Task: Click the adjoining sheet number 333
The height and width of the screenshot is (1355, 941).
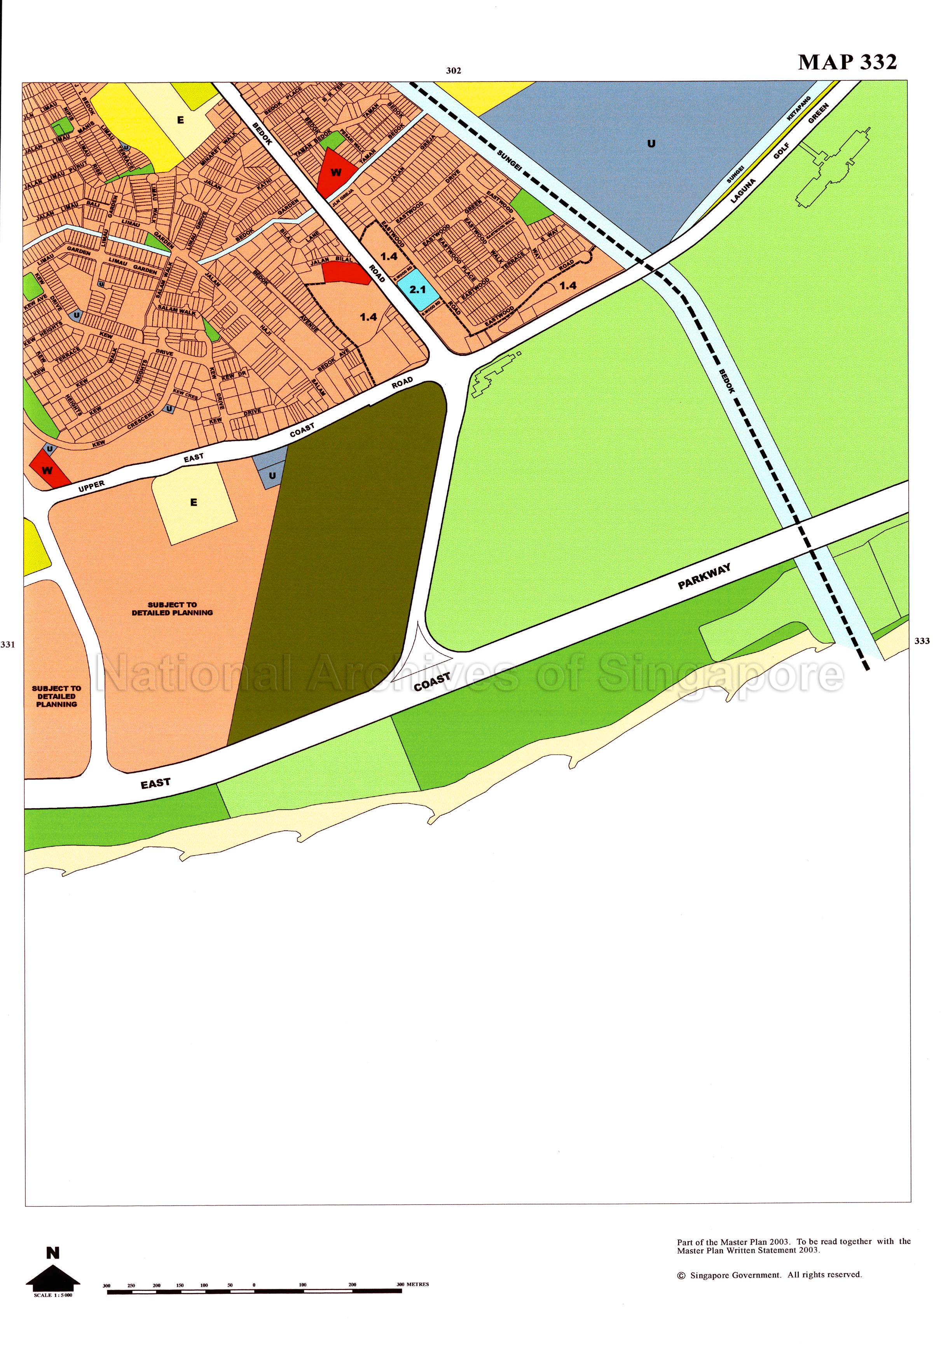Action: pyautogui.click(x=922, y=641)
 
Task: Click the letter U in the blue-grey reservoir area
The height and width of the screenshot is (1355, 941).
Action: pyautogui.click(x=651, y=144)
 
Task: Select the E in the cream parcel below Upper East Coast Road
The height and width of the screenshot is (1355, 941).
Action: pyautogui.click(x=194, y=502)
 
